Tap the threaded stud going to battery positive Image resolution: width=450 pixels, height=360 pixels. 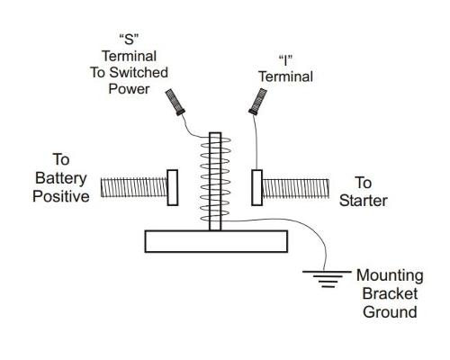132,187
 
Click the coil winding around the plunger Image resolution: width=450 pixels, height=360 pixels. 214,180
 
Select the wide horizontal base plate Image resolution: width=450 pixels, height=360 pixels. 216,241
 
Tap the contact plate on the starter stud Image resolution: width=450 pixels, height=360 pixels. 257,187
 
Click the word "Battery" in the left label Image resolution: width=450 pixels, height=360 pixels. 61,178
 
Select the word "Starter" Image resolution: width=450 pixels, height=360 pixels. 364,200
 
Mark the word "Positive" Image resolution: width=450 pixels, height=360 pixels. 61,196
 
